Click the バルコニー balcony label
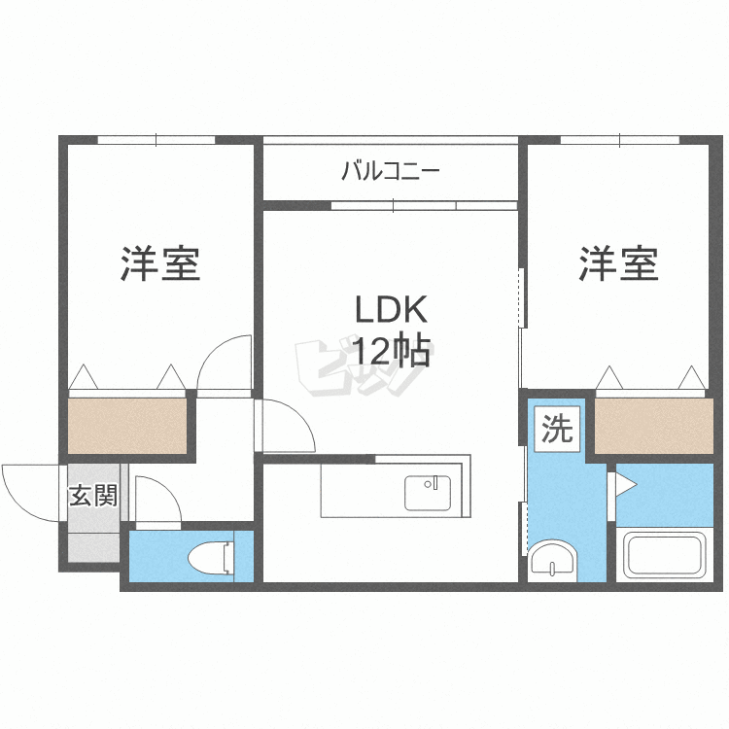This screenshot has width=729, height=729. (x=391, y=173)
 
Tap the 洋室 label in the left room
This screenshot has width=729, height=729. (x=160, y=264)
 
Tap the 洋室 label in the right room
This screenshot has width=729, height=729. (x=619, y=264)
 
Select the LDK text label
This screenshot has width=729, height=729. (x=390, y=311)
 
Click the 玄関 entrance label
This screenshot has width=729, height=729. (x=93, y=497)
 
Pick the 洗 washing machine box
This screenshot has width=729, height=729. (x=558, y=429)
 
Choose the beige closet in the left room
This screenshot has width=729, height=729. (x=126, y=425)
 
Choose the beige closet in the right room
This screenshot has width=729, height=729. (x=653, y=425)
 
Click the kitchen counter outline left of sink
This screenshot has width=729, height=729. (x=360, y=491)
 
